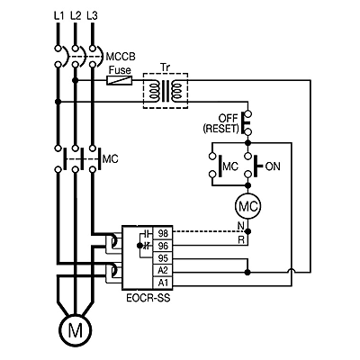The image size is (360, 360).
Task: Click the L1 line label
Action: click(58, 15)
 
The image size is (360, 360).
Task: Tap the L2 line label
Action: click(76, 15)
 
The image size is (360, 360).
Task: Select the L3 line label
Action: click(92, 15)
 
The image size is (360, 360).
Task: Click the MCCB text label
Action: click(121, 57)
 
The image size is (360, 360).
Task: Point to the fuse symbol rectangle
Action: click(120, 80)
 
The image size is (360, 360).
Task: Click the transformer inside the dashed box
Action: click(166, 91)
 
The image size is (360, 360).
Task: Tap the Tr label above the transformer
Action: click(165, 67)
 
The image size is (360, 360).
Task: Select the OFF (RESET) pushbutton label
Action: click(221, 123)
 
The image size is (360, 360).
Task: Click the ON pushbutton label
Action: click(273, 166)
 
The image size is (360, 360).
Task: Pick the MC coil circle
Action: click(247, 206)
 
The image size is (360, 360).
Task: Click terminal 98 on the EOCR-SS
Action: click(163, 233)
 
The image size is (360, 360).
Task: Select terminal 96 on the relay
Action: click(163, 246)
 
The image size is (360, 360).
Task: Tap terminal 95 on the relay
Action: click(163, 258)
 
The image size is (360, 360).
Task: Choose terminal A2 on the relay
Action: click(163, 270)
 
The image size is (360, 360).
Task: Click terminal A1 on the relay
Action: click(163, 283)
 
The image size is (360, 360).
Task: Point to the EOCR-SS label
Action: click(148, 298)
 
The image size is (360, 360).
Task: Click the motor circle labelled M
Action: click(76, 330)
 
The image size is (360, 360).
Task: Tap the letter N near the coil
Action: click(241, 225)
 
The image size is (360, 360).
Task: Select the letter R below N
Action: click(241, 239)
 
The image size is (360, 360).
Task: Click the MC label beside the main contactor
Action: click(110, 158)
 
